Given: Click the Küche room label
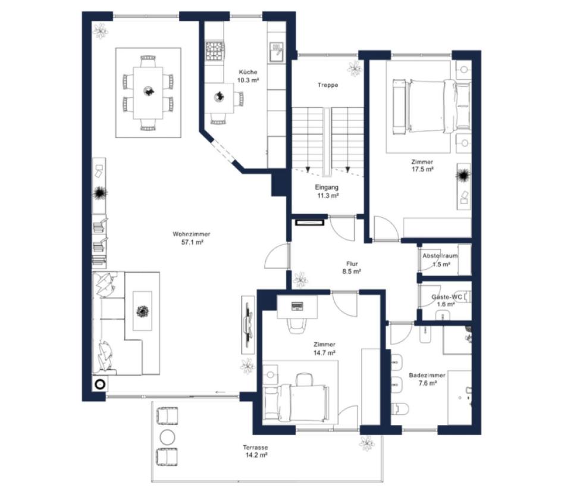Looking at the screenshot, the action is coord(248,72).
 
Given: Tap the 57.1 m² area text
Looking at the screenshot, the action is coord(192,242).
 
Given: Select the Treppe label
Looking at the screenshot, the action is coord(328,85).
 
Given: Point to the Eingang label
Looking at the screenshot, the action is coord(327,187).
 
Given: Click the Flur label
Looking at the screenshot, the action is coord(352,264).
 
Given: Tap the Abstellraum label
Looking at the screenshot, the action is coord(440,256).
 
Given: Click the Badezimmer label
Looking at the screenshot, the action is coord(427,376).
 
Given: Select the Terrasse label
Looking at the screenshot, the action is coord(255,448).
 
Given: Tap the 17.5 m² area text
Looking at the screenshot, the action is coord(422,169).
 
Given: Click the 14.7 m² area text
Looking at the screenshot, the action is coord(324,353).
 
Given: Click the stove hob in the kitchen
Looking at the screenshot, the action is coord(215,51).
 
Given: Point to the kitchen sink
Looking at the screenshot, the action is coord(277,52).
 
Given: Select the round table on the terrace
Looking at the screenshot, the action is coord(167,437).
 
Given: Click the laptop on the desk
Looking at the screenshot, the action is coord(297,307).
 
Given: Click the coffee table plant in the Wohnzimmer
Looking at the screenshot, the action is coord(143,311).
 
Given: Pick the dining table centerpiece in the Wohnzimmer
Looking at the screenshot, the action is coord(149,91).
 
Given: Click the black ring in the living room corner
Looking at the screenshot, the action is coord(100,385).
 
